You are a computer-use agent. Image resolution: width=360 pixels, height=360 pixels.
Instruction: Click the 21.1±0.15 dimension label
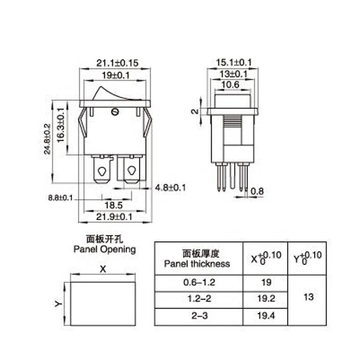coord(117,63)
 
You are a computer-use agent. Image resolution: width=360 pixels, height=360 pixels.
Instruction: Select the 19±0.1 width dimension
coord(116,75)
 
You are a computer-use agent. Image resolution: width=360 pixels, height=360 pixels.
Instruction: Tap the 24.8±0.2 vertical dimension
coord(47,139)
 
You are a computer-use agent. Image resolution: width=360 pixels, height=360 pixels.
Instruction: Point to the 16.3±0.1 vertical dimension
coord(61,125)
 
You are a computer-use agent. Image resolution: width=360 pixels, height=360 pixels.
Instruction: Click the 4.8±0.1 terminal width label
coord(171,188)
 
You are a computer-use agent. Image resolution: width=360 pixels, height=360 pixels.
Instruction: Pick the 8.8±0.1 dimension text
coord(60,198)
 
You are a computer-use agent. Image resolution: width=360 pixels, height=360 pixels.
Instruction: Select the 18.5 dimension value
coord(113,205)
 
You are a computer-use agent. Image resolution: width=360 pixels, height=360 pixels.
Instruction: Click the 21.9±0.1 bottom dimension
coord(114,217)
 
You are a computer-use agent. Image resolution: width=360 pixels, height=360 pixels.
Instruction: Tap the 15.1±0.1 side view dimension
coord(234,62)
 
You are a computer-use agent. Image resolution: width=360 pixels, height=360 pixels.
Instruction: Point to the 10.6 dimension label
coord(230,85)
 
